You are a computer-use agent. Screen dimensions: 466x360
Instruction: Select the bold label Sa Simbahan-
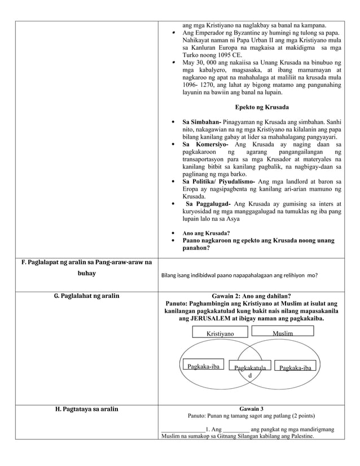click(x=203, y=122)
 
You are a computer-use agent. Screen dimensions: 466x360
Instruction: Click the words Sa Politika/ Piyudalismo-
click(x=218, y=182)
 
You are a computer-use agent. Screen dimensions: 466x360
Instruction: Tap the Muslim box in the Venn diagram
click(x=282, y=333)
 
